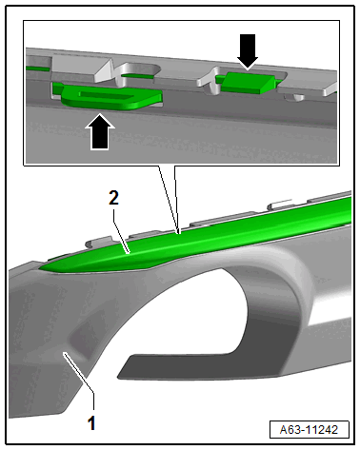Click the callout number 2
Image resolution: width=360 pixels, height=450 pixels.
click(x=113, y=198)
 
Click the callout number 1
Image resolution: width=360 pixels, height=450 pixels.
click(x=91, y=422)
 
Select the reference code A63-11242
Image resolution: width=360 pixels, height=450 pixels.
click(x=309, y=430)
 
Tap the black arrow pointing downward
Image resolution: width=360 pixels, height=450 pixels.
click(x=248, y=51)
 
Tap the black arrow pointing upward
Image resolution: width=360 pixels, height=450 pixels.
click(x=100, y=131)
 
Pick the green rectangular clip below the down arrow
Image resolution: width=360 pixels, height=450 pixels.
click(x=248, y=83)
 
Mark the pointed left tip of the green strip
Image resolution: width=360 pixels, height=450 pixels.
click(x=39, y=269)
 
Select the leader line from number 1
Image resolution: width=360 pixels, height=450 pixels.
click(x=80, y=378)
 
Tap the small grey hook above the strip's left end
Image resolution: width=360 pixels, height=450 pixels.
click(x=98, y=241)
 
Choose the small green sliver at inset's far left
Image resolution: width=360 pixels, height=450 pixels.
click(x=37, y=68)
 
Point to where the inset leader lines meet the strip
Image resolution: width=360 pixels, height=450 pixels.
click(x=179, y=233)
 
